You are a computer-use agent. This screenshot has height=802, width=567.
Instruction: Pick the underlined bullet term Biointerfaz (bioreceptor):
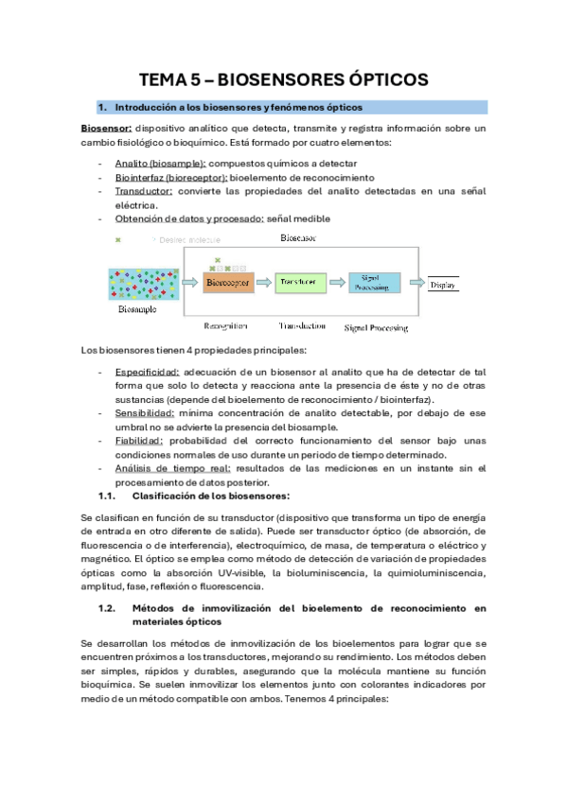point(170,177)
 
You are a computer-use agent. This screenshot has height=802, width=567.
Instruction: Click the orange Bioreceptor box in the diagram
point(228,282)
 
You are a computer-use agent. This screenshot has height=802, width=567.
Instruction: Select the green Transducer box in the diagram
point(302,282)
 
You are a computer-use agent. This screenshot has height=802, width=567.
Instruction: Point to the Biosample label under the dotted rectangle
point(138,309)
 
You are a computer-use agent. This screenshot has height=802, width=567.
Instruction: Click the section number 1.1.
point(108,496)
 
